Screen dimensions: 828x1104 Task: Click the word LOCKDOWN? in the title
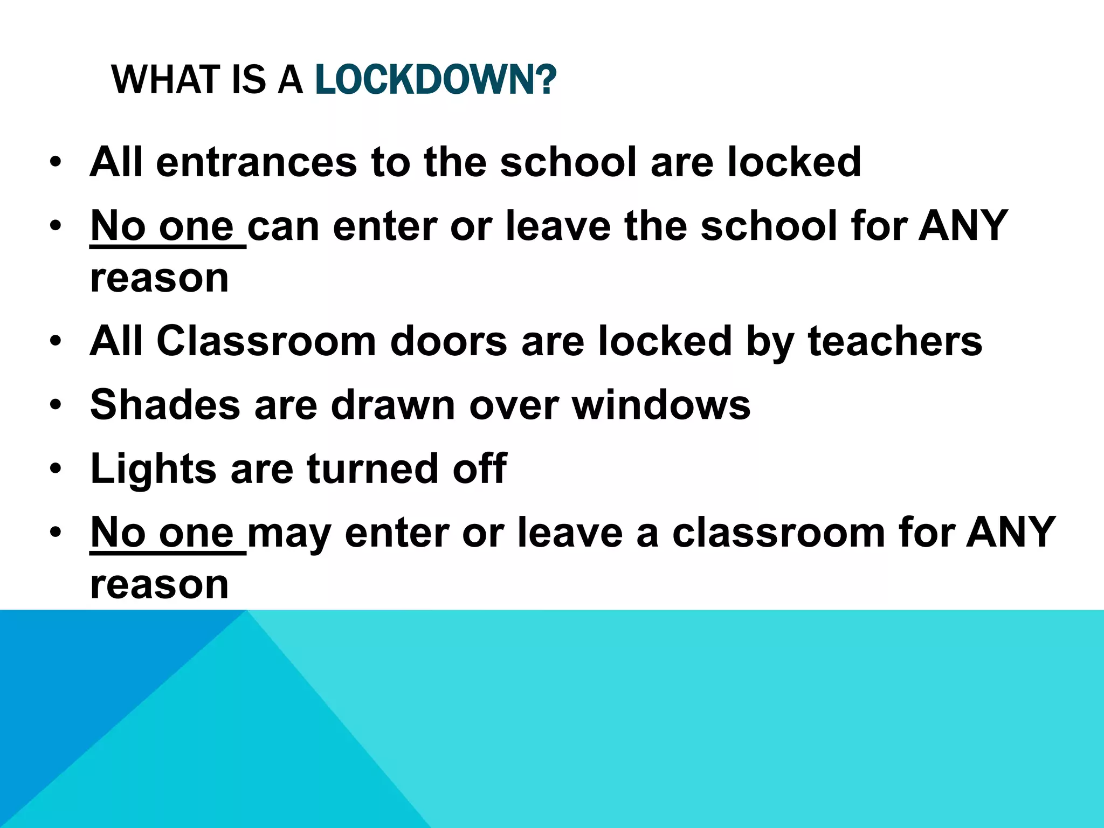pyautogui.click(x=435, y=80)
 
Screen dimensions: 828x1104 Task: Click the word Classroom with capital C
pyautogui.click(x=266, y=341)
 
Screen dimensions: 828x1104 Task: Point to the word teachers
pyautogui.click(x=895, y=341)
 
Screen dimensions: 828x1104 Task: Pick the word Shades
pyautogui.click(x=165, y=405)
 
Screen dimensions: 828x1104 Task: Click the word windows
pyautogui.click(x=661, y=405)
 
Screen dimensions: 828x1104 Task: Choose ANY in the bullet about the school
pyautogui.click(x=963, y=226)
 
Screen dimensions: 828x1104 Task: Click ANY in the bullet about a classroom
pyautogui.click(x=1011, y=533)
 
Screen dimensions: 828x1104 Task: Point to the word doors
pyautogui.click(x=448, y=341)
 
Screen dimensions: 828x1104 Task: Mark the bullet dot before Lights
pyautogui.click(x=55, y=469)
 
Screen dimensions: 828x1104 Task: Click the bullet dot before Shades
pyautogui.click(x=55, y=405)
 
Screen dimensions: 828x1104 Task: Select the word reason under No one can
pyautogui.click(x=160, y=279)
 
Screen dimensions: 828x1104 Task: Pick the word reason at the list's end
pyautogui.click(x=160, y=585)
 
